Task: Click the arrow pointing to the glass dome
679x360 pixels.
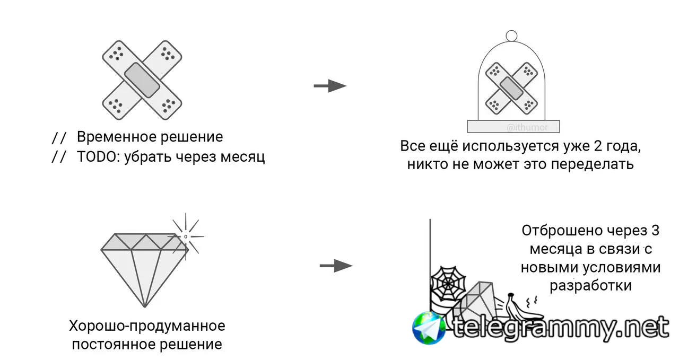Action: [330, 86]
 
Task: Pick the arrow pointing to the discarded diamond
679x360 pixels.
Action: [336, 266]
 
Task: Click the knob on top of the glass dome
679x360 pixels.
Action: [512, 36]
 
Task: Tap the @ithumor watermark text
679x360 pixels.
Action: [527, 128]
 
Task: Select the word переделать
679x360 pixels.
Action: [593, 164]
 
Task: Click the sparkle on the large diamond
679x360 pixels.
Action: [186, 236]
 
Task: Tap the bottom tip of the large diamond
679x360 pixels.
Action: [145, 306]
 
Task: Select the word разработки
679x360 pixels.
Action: [590, 285]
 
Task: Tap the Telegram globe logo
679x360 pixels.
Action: [429, 328]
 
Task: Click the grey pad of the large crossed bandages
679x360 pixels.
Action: [142, 80]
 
